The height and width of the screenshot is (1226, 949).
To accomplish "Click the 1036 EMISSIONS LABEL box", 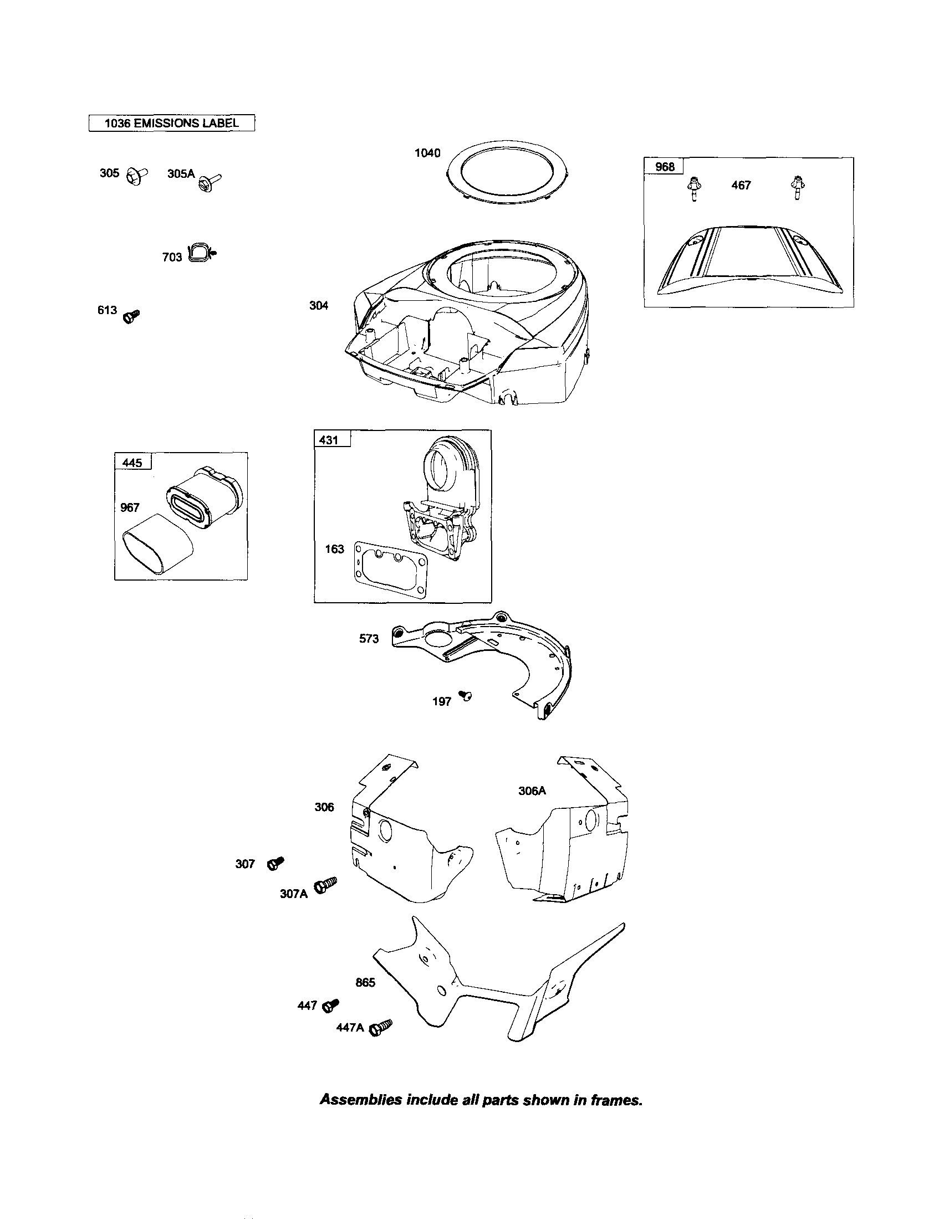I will click(x=171, y=123).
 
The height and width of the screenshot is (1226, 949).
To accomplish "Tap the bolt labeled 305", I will click(x=136, y=176).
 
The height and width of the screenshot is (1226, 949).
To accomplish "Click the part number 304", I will click(x=318, y=306).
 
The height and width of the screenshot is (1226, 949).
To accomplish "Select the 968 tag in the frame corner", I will click(x=664, y=167).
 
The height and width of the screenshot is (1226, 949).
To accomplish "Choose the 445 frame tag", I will click(x=132, y=463).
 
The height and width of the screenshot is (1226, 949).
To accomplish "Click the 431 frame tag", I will click(x=329, y=439).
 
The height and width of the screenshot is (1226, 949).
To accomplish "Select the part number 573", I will click(x=369, y=638).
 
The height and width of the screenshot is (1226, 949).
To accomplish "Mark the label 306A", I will click(x=532, y=791).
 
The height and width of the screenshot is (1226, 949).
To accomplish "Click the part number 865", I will click(x=365, y=982).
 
